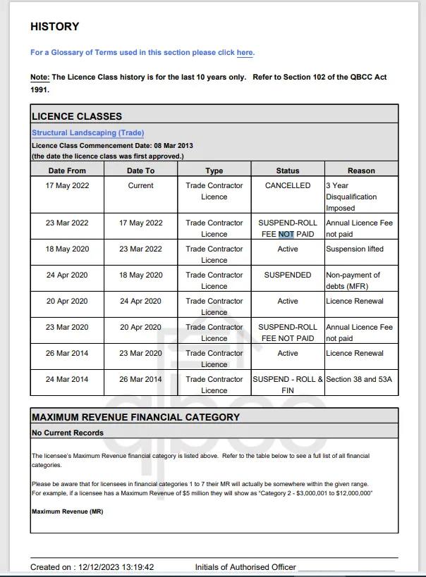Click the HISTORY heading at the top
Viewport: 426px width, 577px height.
54,27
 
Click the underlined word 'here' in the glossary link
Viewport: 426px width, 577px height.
245,53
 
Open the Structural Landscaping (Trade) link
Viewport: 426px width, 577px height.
87,132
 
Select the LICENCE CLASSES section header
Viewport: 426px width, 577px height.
77,116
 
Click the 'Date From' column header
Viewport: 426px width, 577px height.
67,170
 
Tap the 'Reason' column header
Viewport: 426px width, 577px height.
361,170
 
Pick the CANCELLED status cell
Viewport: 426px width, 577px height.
288,185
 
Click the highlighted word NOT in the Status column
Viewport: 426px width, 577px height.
286,234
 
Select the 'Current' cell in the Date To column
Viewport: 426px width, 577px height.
140,185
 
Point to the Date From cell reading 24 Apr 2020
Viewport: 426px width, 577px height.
67,275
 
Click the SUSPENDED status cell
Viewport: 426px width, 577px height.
288,275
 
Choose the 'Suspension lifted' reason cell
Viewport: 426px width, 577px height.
355,249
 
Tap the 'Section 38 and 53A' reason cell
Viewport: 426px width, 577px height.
359,379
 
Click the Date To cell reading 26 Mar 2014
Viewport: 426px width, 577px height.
140,379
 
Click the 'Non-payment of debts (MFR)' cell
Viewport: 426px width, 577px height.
353,280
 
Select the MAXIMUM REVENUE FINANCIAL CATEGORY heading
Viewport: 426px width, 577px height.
135,417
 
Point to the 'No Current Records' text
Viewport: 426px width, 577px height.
68,433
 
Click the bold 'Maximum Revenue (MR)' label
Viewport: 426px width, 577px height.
68,511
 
